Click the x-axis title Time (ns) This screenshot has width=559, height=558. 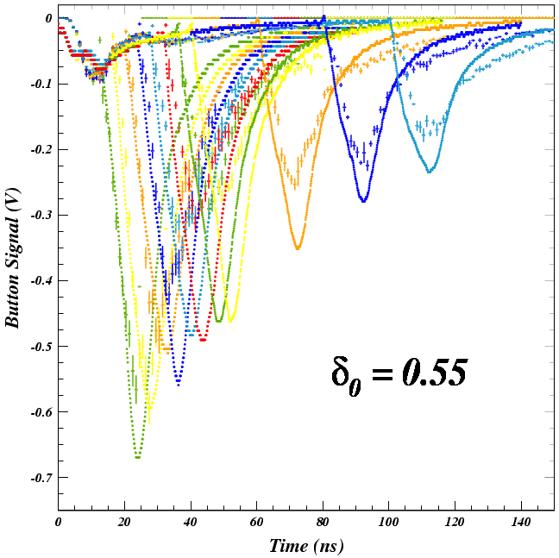[x=305, y=546]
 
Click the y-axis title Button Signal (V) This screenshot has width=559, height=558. [x=13, y=259]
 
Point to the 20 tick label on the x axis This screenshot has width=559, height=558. [x=124, y=524]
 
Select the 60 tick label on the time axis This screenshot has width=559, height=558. [x=256, y=524]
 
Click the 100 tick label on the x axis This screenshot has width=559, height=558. [x=388, y=524]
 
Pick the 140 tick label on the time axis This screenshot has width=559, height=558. [x=520, y=524]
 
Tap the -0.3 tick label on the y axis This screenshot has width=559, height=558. [x=41, y=215]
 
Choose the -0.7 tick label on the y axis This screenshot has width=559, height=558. [x=41, y=477]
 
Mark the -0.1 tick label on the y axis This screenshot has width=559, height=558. [x=41, y=84]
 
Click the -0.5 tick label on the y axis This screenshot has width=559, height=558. [x=41, y=346]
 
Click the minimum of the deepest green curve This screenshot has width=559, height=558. [x=138, y=457]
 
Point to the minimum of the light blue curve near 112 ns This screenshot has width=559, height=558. [x=429, y=172]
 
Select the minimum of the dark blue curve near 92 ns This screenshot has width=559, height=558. [x=363, y=201]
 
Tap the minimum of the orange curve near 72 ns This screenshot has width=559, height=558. [x=298, y=248]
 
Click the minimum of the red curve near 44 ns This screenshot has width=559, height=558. [x=203, y=340]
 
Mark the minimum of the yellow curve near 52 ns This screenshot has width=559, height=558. [x=230, y=320]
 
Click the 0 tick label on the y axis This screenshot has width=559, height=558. [x=48, y=18]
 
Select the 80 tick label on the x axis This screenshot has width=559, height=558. [x=323, y=524]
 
